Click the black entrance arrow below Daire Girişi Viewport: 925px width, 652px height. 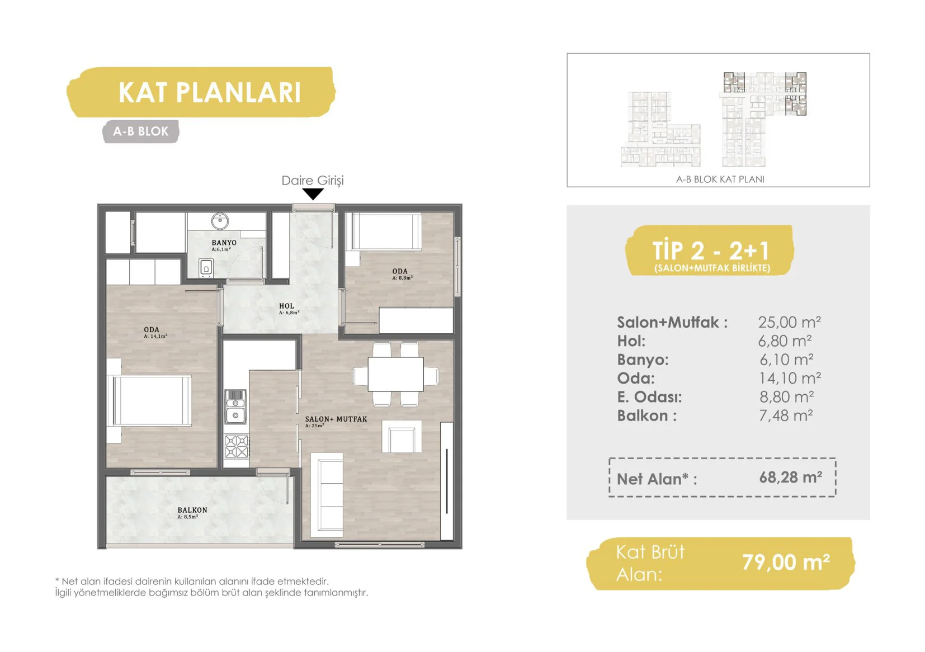(313, 193)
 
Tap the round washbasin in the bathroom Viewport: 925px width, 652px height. (220, 221)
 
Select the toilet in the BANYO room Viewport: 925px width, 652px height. (206, 268)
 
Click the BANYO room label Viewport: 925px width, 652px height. (224, 243)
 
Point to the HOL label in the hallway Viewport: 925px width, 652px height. (286, 306)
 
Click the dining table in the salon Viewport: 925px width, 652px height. (395, 374)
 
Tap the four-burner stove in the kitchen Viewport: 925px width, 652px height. (236, 447)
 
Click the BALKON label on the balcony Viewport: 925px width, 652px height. (192, 510)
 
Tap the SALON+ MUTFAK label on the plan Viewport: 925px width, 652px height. (336, 419)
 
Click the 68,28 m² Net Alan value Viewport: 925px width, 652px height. (790, 478)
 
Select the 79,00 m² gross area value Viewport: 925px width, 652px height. (786, 562)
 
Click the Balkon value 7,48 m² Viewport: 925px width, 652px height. (786, 415)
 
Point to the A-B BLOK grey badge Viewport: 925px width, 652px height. (141, 131)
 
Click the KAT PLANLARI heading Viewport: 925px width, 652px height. (209, 92)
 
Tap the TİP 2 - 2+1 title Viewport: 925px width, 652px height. (710, 251)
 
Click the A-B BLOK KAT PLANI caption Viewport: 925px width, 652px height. (720, 179)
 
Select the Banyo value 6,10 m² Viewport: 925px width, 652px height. (787, 360)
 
